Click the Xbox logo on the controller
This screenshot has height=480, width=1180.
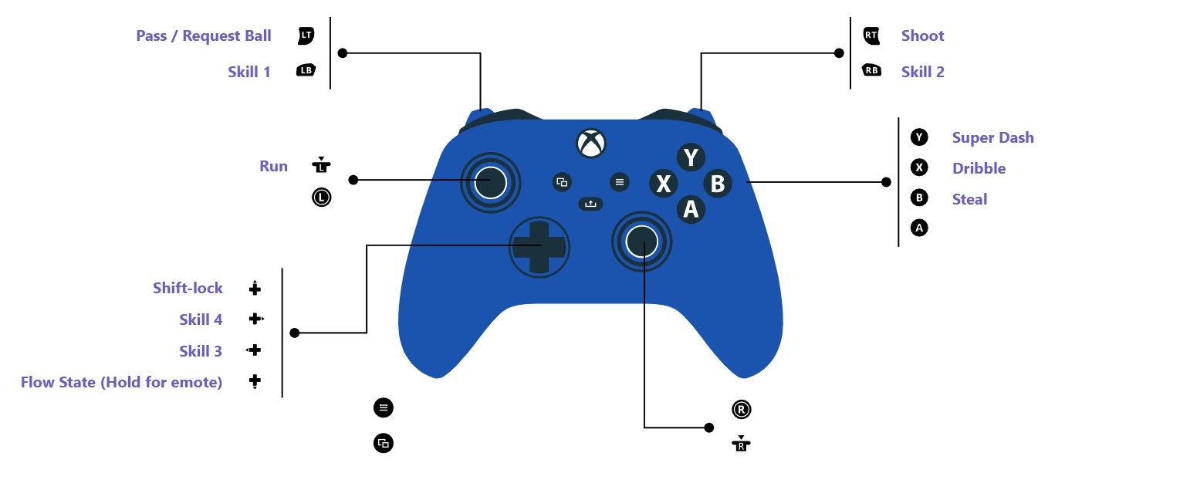coord(591,144)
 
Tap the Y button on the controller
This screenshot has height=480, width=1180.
coord(691,157)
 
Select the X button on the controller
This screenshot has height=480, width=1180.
coord(663,184)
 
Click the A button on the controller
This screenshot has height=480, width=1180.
coord(691,209)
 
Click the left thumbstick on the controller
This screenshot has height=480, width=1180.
coord(490,183)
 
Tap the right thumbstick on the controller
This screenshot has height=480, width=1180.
coord(641,242)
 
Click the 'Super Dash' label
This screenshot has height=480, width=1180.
coord(992,137)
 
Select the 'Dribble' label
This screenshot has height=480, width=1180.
coord(979,168)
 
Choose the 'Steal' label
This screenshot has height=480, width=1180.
coord(969,199)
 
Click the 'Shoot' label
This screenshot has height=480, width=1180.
coord(922,35)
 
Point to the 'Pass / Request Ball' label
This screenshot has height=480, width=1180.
coord(204,35)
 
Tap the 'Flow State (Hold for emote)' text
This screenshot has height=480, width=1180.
coord(121,382)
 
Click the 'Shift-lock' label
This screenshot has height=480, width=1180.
coord(188,288)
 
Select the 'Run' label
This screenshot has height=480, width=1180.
coord(273,166)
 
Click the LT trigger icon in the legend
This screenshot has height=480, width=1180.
coord(306,35)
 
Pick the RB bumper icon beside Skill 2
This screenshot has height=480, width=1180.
coord(871,71)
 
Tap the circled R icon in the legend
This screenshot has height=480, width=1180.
coord(741,410)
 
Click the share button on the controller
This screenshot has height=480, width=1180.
coord(590,204)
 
